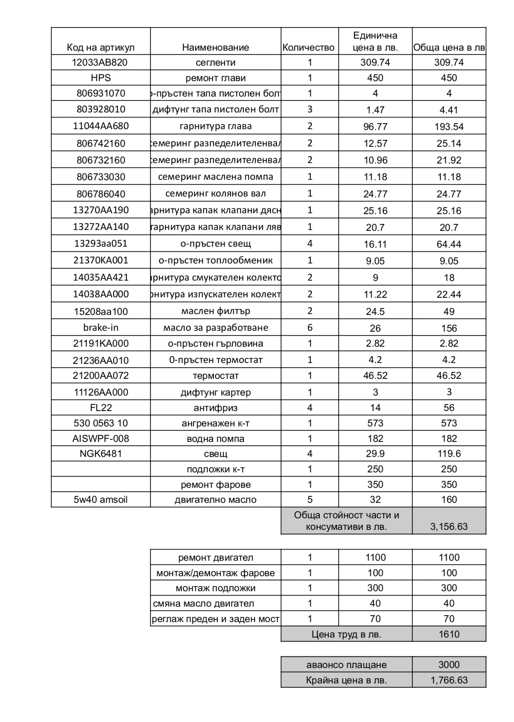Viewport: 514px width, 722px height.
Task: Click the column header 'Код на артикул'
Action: tap(101, 47)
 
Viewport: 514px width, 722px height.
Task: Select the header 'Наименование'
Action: tap(216, 47)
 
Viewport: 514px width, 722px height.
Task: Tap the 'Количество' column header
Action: tap(309, 47)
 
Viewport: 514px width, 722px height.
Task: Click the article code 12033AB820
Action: tap(99, 62)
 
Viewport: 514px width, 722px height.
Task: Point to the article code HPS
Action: tap(101, 78)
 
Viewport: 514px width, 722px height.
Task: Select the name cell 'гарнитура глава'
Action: tap(216, 126)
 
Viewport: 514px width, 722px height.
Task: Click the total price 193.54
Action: tap(449, 127)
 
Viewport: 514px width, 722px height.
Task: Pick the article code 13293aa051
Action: tap(101, 244)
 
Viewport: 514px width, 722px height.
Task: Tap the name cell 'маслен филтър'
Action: tap(216, 311)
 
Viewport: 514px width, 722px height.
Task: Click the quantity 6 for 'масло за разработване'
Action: tap(310, 328)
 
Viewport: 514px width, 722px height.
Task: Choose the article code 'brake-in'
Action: tap(101, 328)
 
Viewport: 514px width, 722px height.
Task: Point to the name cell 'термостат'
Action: tap(216, 376)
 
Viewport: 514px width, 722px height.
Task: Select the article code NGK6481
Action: tap(101, 453)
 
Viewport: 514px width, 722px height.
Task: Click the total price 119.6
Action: tap(449, 453)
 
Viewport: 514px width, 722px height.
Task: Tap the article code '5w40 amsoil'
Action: tap(101, 499)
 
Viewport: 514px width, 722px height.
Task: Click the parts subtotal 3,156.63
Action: tap(449, 526)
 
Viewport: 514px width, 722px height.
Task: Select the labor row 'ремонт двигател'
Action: tap(216, 557)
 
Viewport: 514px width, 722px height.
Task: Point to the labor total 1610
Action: tap(449, 634)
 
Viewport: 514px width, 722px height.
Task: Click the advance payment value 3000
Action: tap(449, 665)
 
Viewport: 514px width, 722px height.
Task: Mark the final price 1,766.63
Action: tap(449, 680)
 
